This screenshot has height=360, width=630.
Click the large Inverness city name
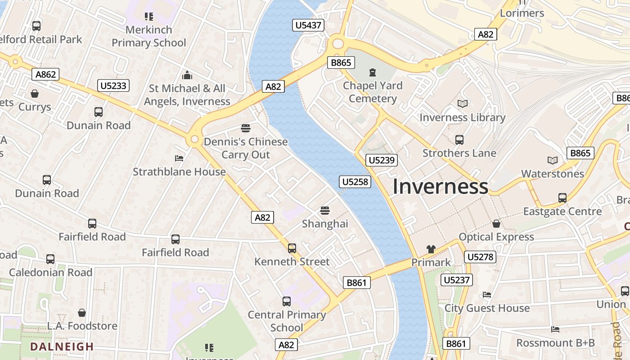point(440,187)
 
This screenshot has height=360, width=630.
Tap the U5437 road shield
point(308,25)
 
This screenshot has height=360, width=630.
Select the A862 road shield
point(46,74)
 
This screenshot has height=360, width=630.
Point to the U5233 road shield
point(113,85)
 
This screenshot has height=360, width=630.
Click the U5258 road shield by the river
point(355,182)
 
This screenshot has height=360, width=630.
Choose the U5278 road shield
point(480,257)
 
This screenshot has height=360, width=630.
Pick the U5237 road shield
point(457,280)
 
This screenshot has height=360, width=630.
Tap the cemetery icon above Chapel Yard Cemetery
point(372,72)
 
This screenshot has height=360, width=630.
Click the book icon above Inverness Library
point(462,104)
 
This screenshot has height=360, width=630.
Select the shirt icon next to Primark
point(431,249)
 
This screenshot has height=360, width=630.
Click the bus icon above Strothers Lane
point(459,140)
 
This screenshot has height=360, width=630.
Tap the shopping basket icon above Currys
point(35,94)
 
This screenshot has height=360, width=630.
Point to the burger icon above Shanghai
point(325,210)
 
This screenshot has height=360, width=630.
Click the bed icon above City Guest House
point(487,295)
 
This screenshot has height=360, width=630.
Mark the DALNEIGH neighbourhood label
point(62,346)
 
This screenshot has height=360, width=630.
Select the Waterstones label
point(552,174)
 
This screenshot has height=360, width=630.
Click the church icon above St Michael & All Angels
point(187,75)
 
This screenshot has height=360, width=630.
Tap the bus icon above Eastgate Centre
point(562,198)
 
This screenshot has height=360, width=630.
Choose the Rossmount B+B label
point(555,343)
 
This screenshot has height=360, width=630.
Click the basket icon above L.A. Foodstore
point(82,312)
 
